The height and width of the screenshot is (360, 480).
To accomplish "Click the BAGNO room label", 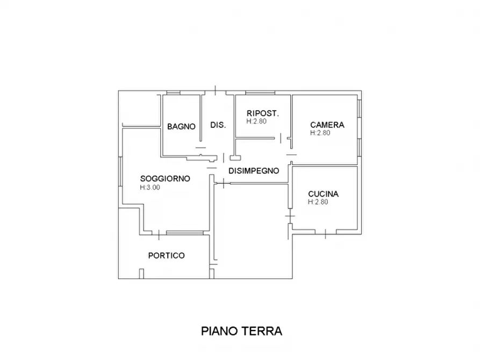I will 181,127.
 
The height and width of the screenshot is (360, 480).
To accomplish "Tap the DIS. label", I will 218,125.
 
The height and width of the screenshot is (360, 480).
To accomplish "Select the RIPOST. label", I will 262,113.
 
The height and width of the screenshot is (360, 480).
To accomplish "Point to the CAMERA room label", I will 327,125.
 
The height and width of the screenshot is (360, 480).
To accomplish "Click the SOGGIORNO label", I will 164,179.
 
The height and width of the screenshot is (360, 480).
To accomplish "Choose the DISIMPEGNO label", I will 254,171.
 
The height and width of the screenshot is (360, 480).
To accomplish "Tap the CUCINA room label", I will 324,194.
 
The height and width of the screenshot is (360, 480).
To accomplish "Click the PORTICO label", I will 166,256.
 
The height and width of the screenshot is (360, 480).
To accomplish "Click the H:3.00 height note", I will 150,188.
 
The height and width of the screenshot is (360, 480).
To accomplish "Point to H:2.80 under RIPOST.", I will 257,121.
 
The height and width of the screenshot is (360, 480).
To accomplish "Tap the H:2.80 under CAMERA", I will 320,133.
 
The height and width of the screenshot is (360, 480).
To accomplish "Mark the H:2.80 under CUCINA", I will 318,203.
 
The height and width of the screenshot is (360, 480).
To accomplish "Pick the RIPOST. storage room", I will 262,129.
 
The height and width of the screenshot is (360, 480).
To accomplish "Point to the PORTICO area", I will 166,266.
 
